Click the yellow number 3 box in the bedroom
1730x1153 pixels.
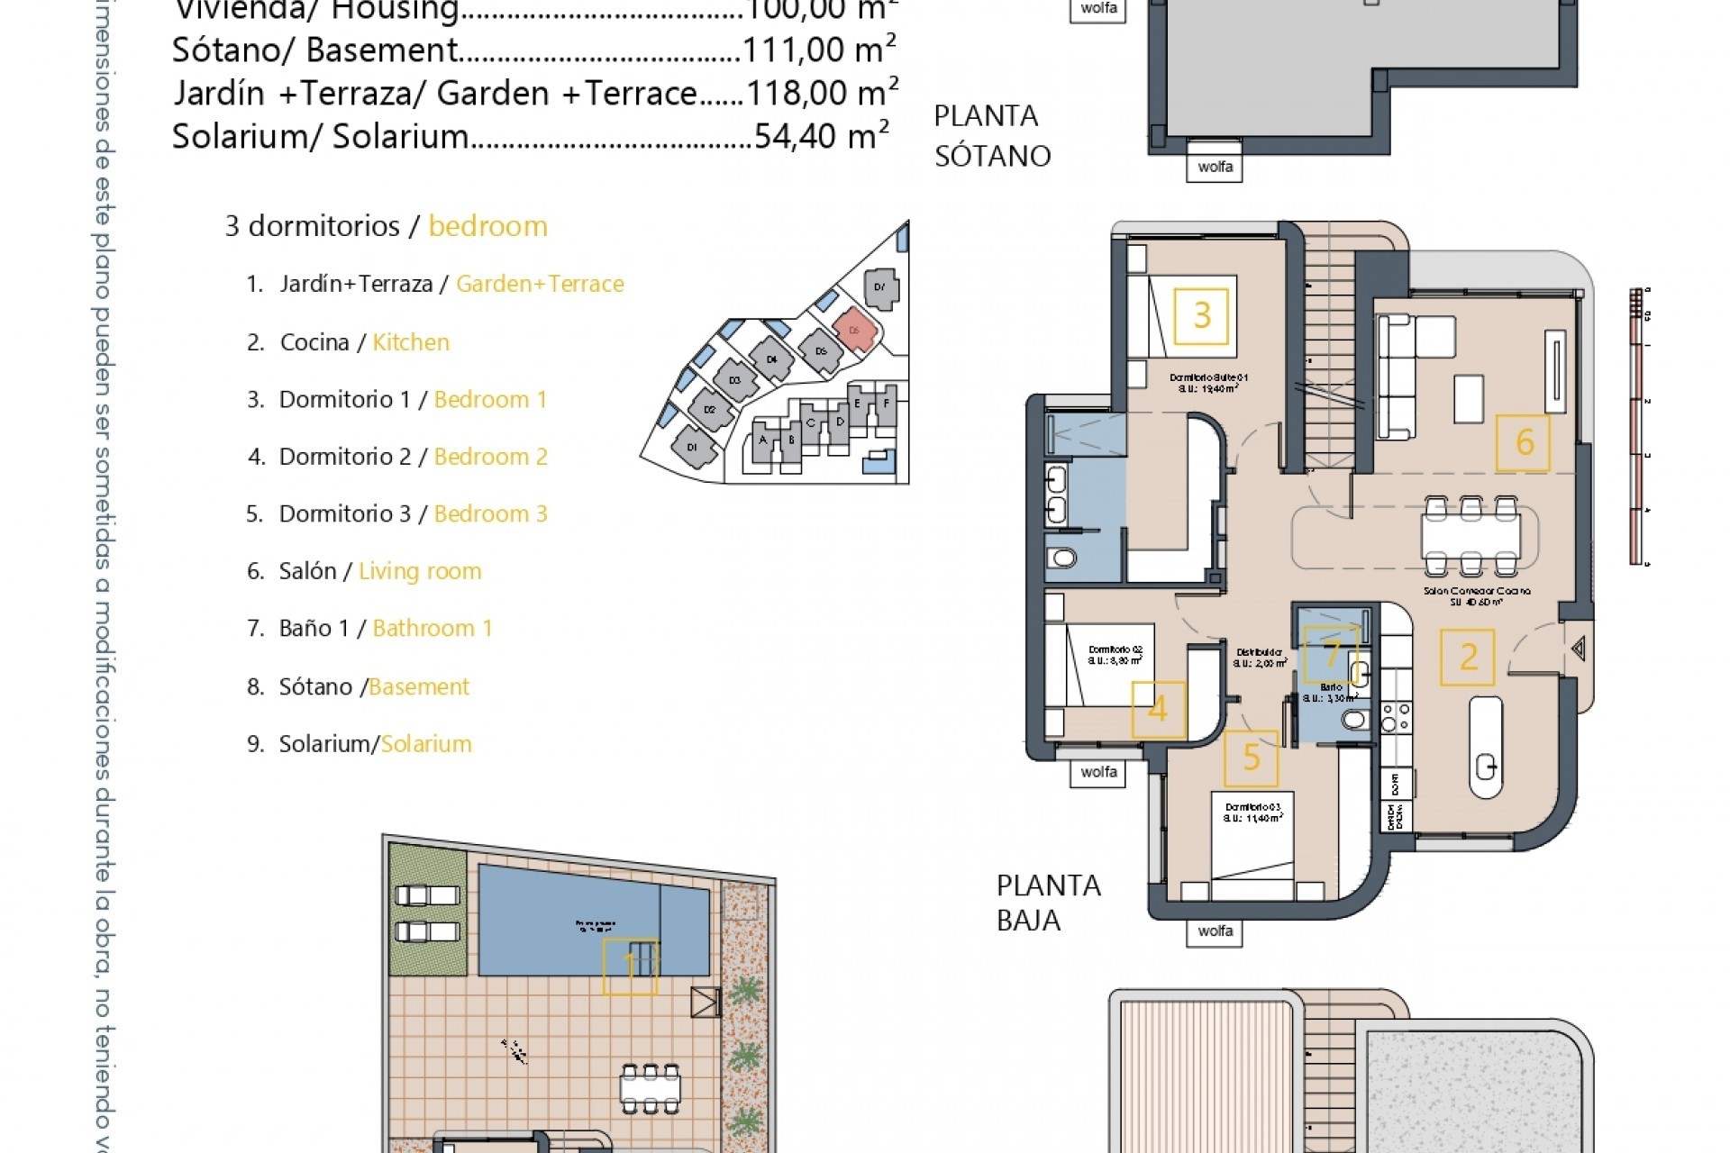click(1202, 316)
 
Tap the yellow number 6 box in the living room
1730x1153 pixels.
click(1524, 442)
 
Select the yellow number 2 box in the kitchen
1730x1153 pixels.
click(1468, 658)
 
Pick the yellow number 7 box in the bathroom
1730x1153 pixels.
click(1331, 651)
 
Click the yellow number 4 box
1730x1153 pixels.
click(1159, 709)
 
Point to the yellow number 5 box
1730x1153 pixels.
click(1251, 758)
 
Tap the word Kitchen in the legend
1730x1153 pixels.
click(411, 342)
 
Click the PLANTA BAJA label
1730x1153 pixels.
click(1048, 903)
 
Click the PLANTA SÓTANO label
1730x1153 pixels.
click(991, 136)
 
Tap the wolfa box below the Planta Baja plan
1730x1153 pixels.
click(1215, 931)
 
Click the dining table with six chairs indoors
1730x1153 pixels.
click(1470, 538)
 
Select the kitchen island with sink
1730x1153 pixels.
click(1485, 747)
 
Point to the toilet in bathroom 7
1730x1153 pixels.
click(1353, 720)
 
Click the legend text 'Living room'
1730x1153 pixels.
click(420, 571)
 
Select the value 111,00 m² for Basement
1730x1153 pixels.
click(818, 50)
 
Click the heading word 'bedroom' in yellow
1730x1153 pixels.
click(487, 226)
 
